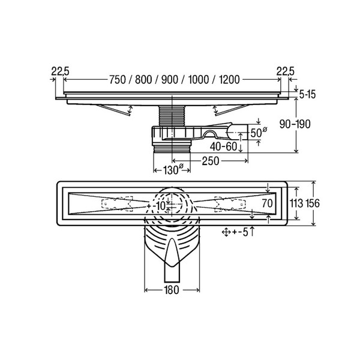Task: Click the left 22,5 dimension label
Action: click(x=60, y=71)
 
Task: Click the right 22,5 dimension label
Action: click(x=286, y=71)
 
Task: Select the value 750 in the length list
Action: click(x=118, y=80)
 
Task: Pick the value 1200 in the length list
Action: click(x=229, y=80)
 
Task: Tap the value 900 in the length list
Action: click(x=170, y=80)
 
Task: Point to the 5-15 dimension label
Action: click(x=307, y=94)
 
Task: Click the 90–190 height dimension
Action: click(x=295, y=124)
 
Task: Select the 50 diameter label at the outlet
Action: click(x=259, y=133)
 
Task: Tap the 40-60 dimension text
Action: click(x=223, y=146)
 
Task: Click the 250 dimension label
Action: click(x=211, y=161)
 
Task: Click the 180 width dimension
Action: click(x=172, y=290)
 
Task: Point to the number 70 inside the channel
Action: click(x=267, y=203)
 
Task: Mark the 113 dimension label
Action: click(x=296, y=203)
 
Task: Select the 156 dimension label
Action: click(x=312, y=203)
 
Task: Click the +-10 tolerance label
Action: click(x=156, y=206)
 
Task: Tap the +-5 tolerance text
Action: click(x=240, y=232)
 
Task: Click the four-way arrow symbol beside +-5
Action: click(x=226, y=232)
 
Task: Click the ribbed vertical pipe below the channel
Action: click(x=172, y=116)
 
